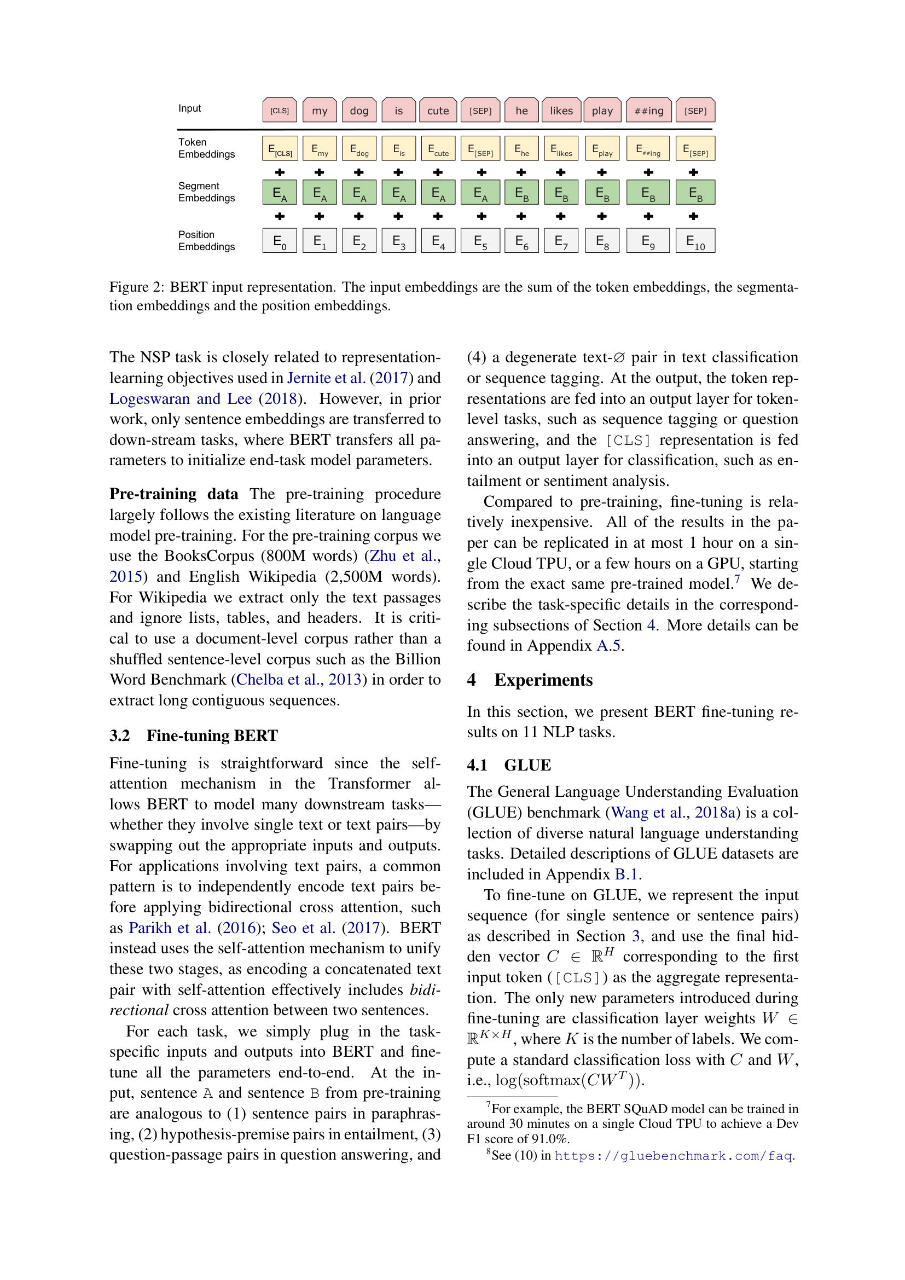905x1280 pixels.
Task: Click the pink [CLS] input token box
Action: pyautogui.click(x=279, y=111)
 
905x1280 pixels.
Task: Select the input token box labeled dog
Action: pyautogui.click(x=359, y=111)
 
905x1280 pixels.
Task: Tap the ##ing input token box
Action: pyautogui.click(x=648, y=111)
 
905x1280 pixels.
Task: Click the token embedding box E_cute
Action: pyautogui.click(x=438, y=149)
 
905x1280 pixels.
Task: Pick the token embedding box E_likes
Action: pyautogui.click(x=561, y=149)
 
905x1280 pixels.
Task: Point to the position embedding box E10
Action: pyautogui.click(x=695, y=241)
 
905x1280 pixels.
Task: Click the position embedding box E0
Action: pyautogui.click(x=279, y=241)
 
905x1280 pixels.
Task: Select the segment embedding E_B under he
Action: pyautogui.click(x=521, y=192)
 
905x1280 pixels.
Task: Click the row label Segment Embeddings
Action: pyautogui.click(x=206, y=192)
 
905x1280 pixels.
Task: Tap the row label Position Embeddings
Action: pyautogui.click(x=206, y=240)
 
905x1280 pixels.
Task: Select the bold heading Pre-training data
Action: pyautogui.click(x=173, y=494)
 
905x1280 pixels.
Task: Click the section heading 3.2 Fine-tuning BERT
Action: pyautogui.click(x=193, y=735)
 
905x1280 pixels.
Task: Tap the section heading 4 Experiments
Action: pyautogui.click(x=530, y=680)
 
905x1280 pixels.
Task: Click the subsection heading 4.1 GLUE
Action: pyautogui.click(x=509, y=765)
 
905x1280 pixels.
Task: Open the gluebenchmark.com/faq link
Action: pyautogui.click(x=673, y=1156)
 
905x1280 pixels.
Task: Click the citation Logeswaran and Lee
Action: pyautogui.click(x=180, y=398)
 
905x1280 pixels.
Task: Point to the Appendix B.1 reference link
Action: pyautogui.click(x=626, y=874)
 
